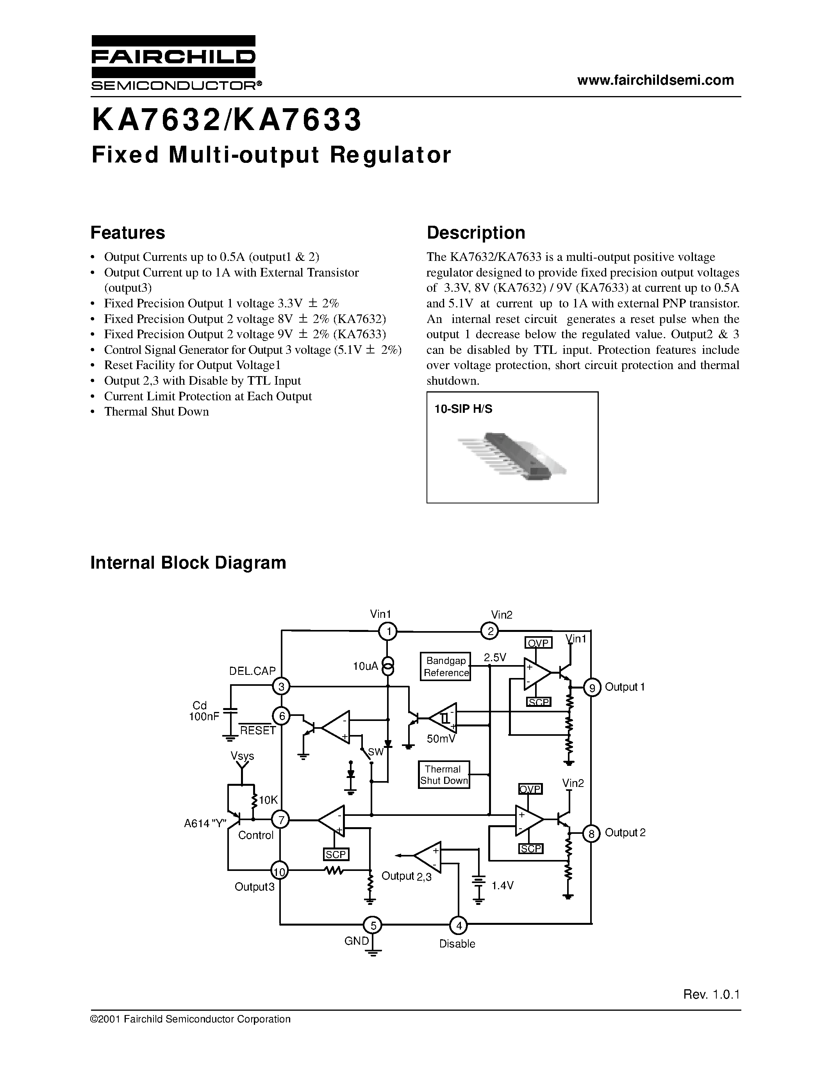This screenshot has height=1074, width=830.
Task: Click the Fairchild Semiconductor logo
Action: (173, 62)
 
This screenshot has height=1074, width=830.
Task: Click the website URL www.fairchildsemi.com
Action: (655, 80)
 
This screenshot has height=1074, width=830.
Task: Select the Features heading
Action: (128, 232)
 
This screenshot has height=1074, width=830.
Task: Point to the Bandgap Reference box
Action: (445, 667)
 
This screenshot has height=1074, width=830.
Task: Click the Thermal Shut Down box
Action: (444, 774)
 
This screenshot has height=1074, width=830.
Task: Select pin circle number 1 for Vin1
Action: (388, 631)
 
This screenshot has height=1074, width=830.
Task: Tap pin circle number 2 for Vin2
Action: (489, 631)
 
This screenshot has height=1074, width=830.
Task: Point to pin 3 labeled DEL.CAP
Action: (281, 687)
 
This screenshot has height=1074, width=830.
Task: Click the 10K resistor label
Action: (268, 800)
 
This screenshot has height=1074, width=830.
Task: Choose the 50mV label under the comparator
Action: (441, 739)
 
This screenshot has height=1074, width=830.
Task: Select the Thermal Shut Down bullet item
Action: (156, 412)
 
